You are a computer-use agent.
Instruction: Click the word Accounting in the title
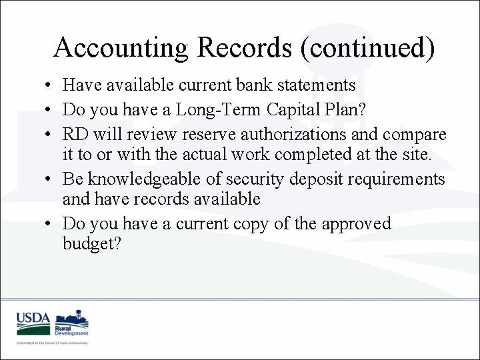(x=121, y=48)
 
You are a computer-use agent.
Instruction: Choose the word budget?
(x=91, y=244)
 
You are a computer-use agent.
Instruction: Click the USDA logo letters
(x=33, y=319)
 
